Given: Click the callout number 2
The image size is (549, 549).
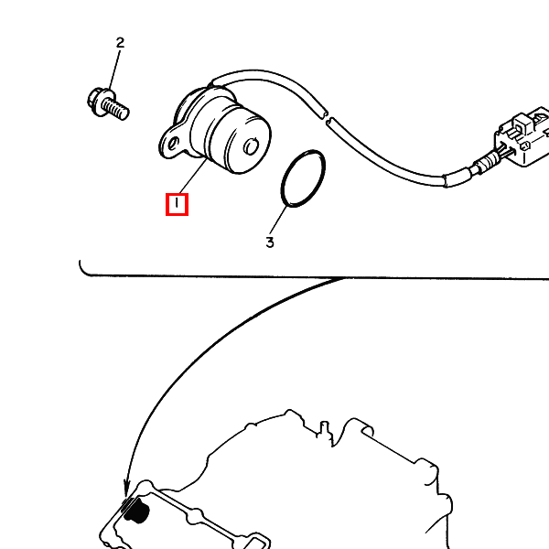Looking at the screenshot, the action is (x=120, y=43).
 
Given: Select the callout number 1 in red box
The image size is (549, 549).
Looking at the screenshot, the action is (x=177, y=204).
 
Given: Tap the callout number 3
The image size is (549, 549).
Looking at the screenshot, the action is (x=270, y=242).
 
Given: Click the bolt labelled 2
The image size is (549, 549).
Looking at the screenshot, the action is (x=108, y=104).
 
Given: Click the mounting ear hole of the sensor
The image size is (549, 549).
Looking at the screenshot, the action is (x=173, y=144).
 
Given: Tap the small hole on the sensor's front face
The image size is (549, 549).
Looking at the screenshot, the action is (x=251, y=146).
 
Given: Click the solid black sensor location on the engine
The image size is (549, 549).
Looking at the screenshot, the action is (x=137, y=511).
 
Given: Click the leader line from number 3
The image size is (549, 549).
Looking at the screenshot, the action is (x=278, y=221).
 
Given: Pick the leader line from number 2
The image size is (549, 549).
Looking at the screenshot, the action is (x=114, y=70).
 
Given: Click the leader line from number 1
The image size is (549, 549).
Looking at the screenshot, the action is (x=193, y=176).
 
